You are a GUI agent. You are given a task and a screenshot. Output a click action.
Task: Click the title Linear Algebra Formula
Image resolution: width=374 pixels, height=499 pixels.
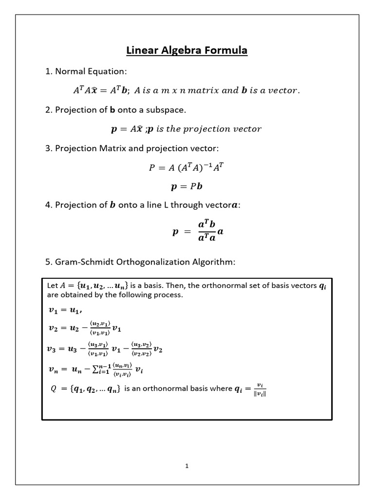coord(187,50)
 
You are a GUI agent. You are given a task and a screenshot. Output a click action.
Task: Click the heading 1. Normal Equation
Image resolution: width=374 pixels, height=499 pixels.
coord(86,72)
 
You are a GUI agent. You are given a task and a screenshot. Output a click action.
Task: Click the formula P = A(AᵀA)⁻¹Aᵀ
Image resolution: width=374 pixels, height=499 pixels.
coord(186,168)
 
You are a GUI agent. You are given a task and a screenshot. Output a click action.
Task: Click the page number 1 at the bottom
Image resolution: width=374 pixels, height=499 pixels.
coord(187,466)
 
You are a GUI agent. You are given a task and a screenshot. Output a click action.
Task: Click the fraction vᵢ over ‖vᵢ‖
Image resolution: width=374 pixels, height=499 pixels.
coord(259,389)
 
